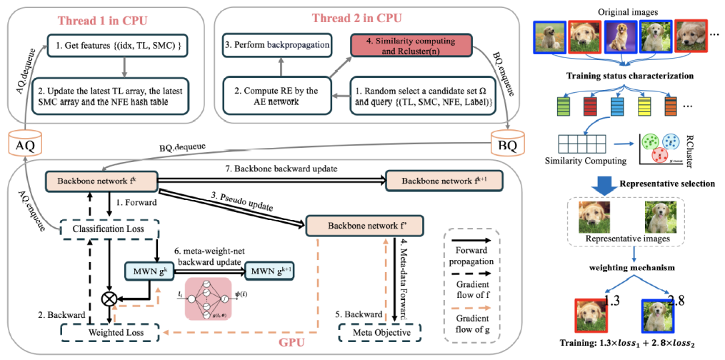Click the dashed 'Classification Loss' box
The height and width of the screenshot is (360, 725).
coord(107,229)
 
